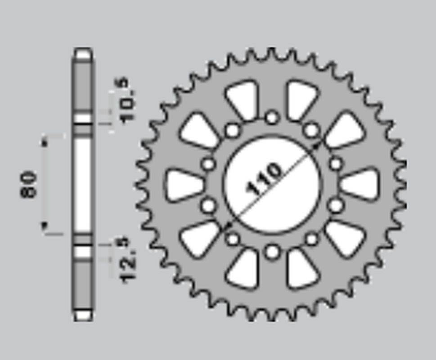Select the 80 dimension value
pos(29,184)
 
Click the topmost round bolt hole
pos(272,117)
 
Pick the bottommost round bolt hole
pos(272,252)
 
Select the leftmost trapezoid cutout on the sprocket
pos(184,184)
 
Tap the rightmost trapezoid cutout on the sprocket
pos(360,184)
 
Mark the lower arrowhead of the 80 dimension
pos(44,226)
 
